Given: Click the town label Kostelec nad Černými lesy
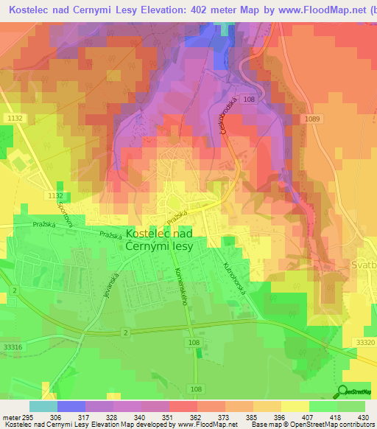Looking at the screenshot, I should coord(160,239).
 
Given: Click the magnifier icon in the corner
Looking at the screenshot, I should coord(341,392).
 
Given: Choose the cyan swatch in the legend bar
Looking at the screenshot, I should coord(43,405).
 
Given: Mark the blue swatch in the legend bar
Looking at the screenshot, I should coord(71,405).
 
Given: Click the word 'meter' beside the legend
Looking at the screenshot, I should coord(11,416).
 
